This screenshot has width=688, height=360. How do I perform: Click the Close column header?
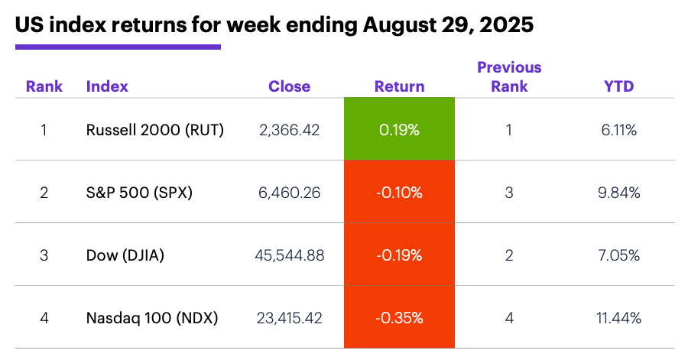(x=289, y=86)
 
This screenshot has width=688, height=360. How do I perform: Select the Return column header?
(x=399, y=86)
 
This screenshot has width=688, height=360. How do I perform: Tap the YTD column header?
(x=618, y=86)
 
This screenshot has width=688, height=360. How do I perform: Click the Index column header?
(x=107, y=86)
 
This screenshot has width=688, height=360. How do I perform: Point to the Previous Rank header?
(x=509, y=76)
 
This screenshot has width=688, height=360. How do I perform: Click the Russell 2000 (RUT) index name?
(x=155, y=130)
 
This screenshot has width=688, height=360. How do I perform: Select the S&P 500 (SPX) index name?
(x=139, y=193)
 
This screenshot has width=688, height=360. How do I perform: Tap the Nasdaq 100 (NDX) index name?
(x=152, y=317)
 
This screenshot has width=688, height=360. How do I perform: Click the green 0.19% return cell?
(x=399, y=130)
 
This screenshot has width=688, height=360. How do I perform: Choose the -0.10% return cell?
(x=399, y=193)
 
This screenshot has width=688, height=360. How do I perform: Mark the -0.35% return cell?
(x=399, y=317)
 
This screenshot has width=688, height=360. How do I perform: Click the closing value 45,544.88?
(x=289, y=255)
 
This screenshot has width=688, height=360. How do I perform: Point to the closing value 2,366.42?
(x=289, y=130)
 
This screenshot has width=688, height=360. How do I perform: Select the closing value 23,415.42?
(x=289, y=317)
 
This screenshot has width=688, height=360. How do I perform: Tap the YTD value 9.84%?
(x=618, y=193)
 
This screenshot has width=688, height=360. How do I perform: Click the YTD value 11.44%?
(x=618, y=317)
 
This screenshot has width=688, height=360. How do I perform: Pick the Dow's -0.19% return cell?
(x=399, y=255)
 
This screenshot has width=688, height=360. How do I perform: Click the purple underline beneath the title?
(x=118, y=47)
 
